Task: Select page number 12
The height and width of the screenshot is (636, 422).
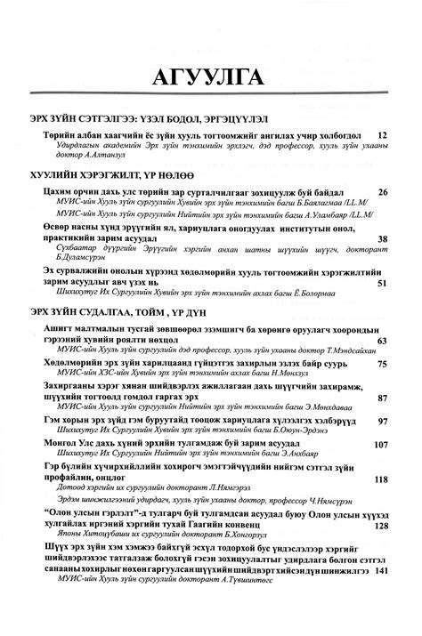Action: (383, 133)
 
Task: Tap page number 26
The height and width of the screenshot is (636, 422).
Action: (383, 192)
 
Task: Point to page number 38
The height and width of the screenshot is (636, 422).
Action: (383, 239)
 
